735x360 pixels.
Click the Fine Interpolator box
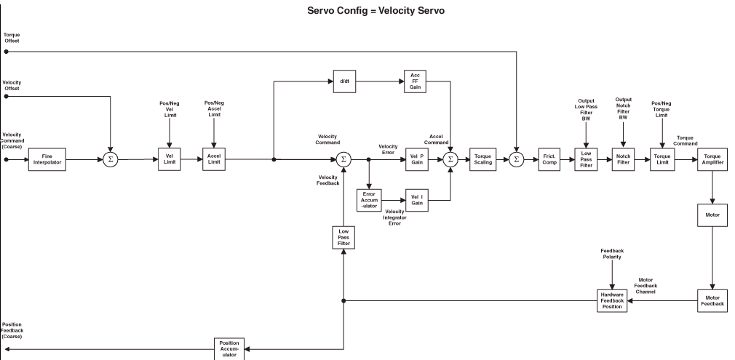pyautogui.click(x=47, y=159)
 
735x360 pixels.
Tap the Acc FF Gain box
pyautogui.click(x=415, y=82)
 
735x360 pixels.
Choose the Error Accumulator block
pyautogui.click(x=369, y=200)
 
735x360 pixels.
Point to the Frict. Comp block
pyautogui.click(x=548, y=159)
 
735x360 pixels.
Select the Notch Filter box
pyautogui.click(x=624, y=159)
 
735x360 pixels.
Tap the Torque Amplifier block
pyautogui.click(x=712, y=159)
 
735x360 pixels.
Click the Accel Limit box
pyautogui.click(x=214, y=159)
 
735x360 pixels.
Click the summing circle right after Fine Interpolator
pyautogui.click(x=110, y=159)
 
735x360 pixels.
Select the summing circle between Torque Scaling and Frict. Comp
pyautogui.click(x=516, y=159)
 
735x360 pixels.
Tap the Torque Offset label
pyautogui.click(x=12, y=38)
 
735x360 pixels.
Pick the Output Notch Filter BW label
pyautogui.click(x=623, y=108)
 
